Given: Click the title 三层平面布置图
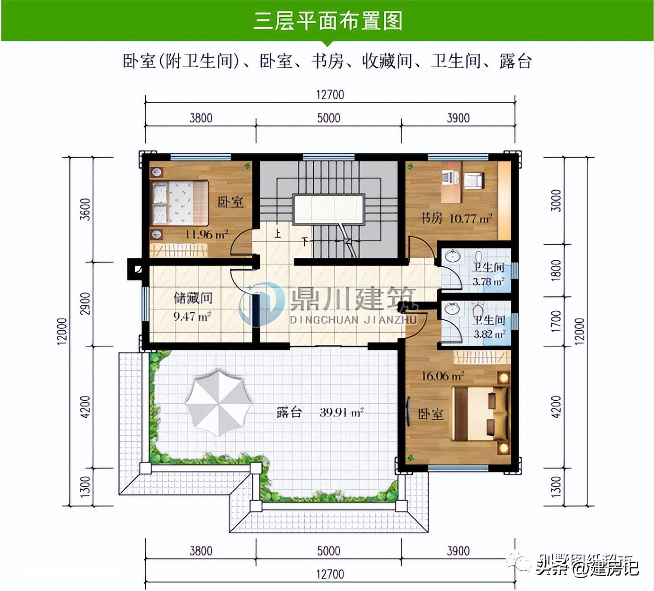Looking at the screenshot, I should [327, 22].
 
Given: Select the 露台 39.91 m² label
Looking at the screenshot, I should [320, 412].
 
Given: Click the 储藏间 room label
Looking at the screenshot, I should [193, 298].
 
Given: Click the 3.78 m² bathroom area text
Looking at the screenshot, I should [489, 282].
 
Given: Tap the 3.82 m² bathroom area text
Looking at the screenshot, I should [490, 334].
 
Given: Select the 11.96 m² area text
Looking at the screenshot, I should [206, 234].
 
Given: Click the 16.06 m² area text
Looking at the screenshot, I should [443, 376].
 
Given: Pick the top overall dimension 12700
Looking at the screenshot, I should [330, 94].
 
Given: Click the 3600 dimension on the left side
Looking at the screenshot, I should [85, 209].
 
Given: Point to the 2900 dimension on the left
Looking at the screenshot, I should [85, 303].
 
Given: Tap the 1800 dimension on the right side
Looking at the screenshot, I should [556, 270].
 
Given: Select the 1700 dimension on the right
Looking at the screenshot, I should [556, 321].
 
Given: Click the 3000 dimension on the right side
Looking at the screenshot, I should [556, 200].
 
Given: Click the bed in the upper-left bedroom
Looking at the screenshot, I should [179, 203].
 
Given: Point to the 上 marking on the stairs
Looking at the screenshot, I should [278, 233].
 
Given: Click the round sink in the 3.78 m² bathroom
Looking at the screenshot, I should [452, 256].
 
